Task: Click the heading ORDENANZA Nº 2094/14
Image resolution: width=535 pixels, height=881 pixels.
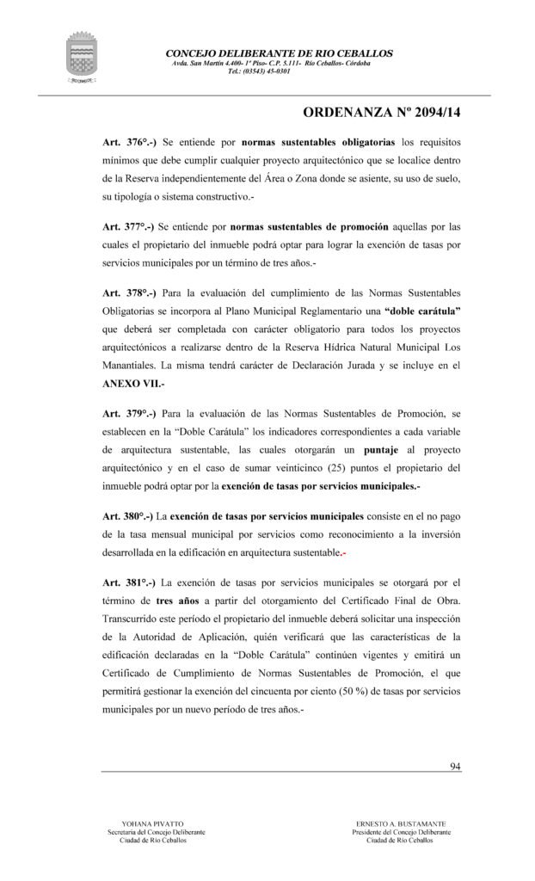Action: [383, 112]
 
